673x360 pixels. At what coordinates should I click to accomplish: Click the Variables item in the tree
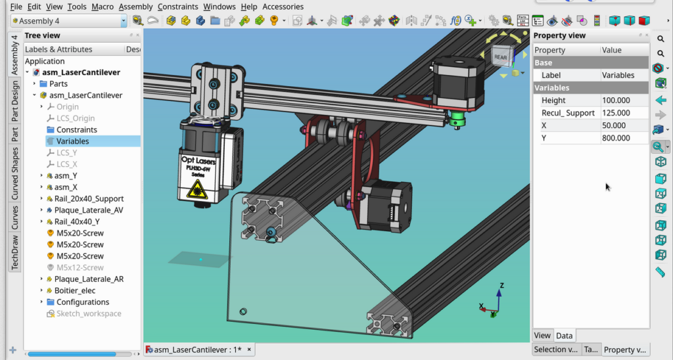tap(72, 141)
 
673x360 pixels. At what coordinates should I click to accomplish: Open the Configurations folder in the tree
tap(83, 302)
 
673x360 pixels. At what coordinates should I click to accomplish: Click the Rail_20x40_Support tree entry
tap(89, 198)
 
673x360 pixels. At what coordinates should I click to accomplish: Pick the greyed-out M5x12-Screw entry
tap(80, 267)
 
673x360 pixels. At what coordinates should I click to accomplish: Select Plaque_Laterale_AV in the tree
tap(88, 210)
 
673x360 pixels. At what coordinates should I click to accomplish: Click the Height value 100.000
tap(616, 101)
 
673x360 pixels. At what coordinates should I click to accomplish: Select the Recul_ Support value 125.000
tap(616, 113)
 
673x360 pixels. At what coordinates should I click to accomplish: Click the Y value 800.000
tap(616, 138)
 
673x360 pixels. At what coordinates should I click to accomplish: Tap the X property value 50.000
tap(614, 125)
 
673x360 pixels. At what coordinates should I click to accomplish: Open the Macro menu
tap(103, 7)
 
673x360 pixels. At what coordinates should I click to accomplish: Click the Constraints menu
tap(177, 7)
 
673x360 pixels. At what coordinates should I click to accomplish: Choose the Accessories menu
tap(283, 7)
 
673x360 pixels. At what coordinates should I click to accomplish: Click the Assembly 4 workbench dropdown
tap(68, 21)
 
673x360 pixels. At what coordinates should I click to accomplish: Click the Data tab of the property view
tap(564, 336)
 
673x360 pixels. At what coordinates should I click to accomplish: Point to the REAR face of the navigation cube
tap(501, 57)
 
